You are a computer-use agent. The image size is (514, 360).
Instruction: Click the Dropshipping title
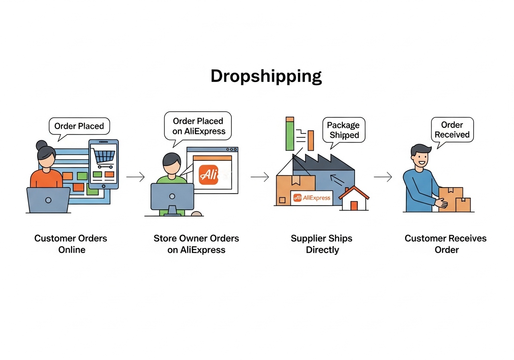point(266,76)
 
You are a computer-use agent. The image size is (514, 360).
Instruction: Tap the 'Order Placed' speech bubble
point(79,126)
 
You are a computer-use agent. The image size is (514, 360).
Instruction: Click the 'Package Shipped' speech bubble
point(343,130)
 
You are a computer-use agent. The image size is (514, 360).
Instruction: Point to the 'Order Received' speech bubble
point(452,129)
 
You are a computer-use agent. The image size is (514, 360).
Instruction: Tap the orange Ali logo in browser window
point(208,175)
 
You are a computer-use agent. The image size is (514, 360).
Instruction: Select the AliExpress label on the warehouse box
point(312,198)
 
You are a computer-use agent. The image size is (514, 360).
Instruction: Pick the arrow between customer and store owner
point(135,177)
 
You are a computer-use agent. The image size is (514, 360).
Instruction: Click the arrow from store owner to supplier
point(260,177)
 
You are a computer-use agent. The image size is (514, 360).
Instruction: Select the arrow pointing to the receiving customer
point(383,177)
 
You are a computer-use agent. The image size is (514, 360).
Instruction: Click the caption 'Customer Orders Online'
point(71,244)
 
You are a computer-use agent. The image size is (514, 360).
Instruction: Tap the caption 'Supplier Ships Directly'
point(321,244)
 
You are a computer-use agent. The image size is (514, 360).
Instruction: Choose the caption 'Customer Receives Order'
point(446,244)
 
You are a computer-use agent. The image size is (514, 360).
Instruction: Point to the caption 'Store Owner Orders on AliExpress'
point(196,244)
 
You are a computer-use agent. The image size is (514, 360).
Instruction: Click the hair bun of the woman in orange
point(41,145)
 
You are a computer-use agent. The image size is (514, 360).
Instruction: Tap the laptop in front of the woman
point(48,200)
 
